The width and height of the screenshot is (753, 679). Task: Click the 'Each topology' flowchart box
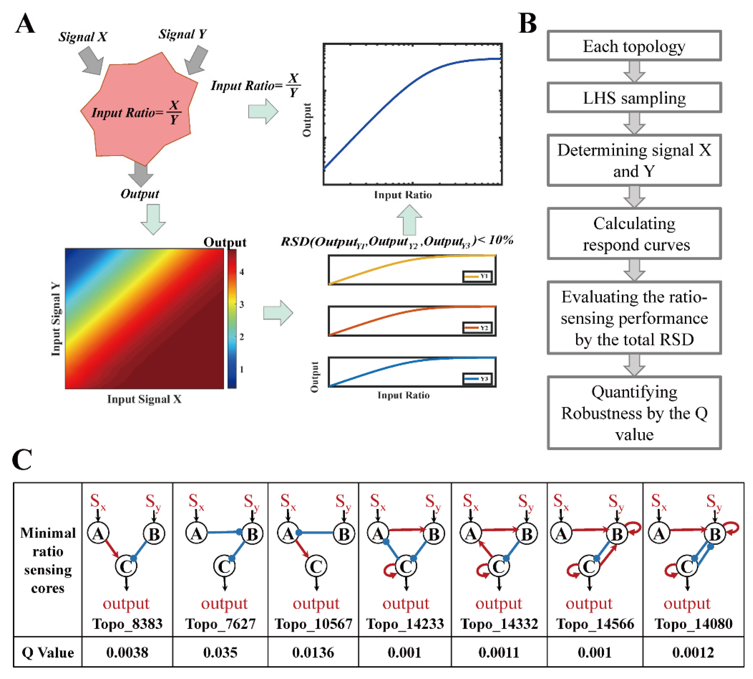(634, 46)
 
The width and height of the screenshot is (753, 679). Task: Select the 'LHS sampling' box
(634, 98)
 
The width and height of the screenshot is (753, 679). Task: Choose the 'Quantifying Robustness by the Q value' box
(634, 413)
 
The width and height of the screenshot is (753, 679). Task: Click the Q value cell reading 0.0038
(127, 652)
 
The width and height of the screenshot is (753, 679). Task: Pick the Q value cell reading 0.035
(220, 652)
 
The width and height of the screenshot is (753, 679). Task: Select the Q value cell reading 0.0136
(313, 652)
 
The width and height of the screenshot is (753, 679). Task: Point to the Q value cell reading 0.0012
(693, 652)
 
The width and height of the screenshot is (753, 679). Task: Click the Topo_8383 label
(127, 624)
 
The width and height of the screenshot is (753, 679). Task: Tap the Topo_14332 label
(499, 624)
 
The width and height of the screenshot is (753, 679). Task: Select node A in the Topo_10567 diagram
(288, 534)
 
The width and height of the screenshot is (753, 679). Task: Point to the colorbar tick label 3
(242, 304)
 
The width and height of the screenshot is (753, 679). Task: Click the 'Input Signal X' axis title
(144, 399)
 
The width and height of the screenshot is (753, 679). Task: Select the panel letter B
(527, 23)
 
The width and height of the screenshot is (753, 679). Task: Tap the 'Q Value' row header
(48, 652)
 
